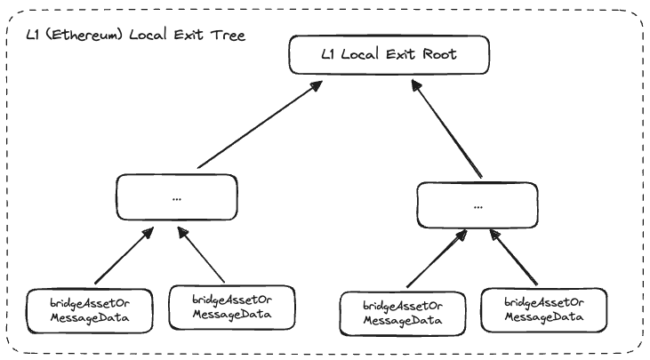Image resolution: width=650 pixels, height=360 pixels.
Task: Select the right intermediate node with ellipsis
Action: (x=478, y=204)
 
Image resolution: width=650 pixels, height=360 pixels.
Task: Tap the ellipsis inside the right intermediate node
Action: (x=478, y=204)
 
